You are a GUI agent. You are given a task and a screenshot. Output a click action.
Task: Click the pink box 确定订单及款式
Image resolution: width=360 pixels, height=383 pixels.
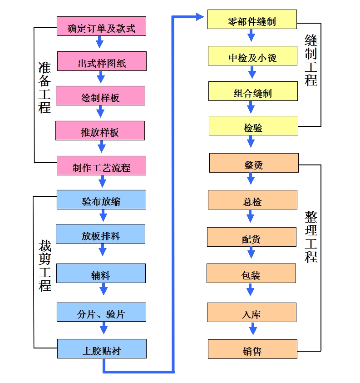pos(102,26)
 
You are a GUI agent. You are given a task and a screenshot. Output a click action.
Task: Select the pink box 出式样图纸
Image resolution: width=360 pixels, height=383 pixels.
pos(102,61)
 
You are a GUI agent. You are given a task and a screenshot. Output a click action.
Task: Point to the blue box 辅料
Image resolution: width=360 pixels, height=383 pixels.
pos(101,273)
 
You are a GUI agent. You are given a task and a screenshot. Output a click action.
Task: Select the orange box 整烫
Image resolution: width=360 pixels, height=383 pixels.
pos(254,163)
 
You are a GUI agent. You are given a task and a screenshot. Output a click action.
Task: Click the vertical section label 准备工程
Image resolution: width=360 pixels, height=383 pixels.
pos(44,87)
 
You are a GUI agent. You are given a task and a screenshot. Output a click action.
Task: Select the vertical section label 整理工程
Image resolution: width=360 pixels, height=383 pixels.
pos(311,237)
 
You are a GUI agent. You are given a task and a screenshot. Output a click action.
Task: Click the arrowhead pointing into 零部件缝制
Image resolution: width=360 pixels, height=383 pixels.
pos(200,17)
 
